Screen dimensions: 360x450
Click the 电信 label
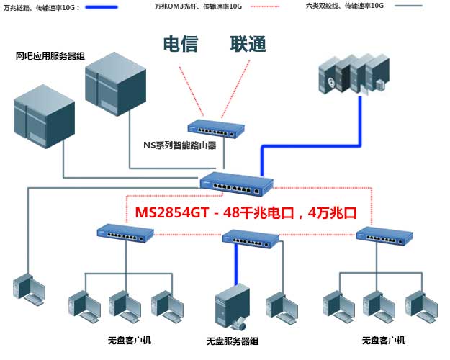[x=181, y=43]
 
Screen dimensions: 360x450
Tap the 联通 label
[x=248, y=43]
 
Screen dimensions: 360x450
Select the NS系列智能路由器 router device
[x=215, y=128]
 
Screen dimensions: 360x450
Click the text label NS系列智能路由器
[x=181, y=145]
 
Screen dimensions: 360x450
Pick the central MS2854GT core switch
[x=237, y=184]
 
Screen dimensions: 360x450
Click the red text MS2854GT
[x=171, y=213]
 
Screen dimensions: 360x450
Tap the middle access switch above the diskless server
[x=251, y=237]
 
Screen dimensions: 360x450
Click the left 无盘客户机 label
[x=130, y=340]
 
